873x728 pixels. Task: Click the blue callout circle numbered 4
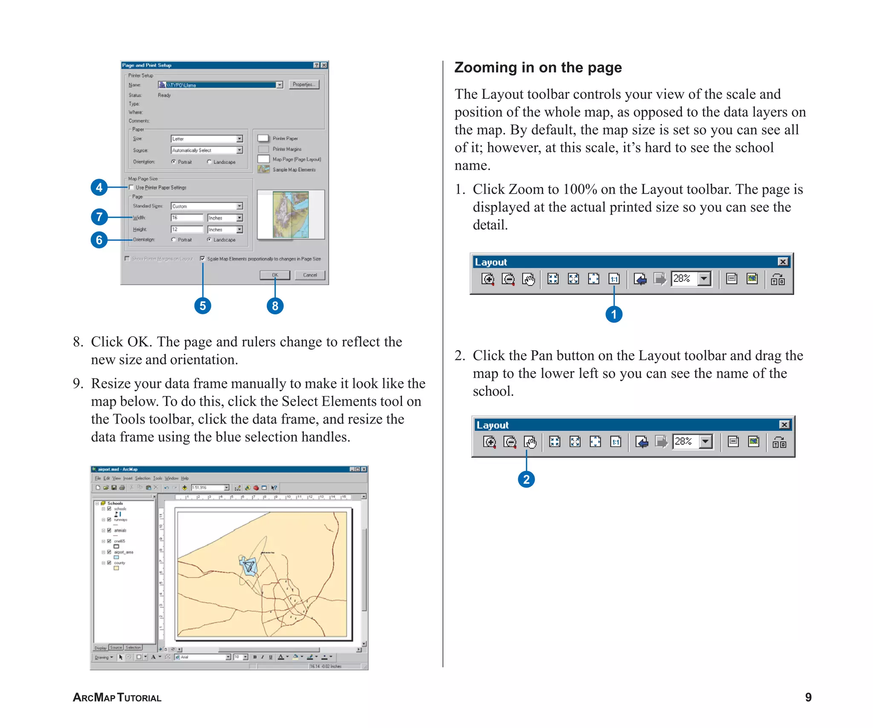click(x=99, y=187)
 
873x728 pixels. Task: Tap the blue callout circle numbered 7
click(x=99, y=217)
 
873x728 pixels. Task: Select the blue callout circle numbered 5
click(x=202, y=306)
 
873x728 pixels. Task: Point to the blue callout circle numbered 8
click(x=275, y=306)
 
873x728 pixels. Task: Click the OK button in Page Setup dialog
click(x=275, y=275)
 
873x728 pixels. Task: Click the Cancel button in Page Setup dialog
click(x=310, y=275)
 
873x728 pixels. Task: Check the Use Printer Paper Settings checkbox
click(x=131, y=187)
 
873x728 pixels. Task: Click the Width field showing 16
click(x=187, y=218)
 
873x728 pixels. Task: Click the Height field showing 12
click(x=187, y=229)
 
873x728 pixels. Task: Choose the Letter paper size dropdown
click(x=206, y=139)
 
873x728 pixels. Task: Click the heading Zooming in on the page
click(x=538, y=67)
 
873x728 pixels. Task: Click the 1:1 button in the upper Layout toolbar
click(x=614, y=279)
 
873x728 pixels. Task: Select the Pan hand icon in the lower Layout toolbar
click(x=530, y=442)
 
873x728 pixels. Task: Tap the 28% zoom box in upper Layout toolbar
click(x=684, y=279)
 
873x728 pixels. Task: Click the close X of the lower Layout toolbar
click(x=784, y=425)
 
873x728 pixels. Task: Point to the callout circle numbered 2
click(x=526, y=479)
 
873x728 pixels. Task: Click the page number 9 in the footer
click(x=808, y=697)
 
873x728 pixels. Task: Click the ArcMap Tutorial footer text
click(x=117, y=698)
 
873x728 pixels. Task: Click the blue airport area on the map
click(x=248, y=566)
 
